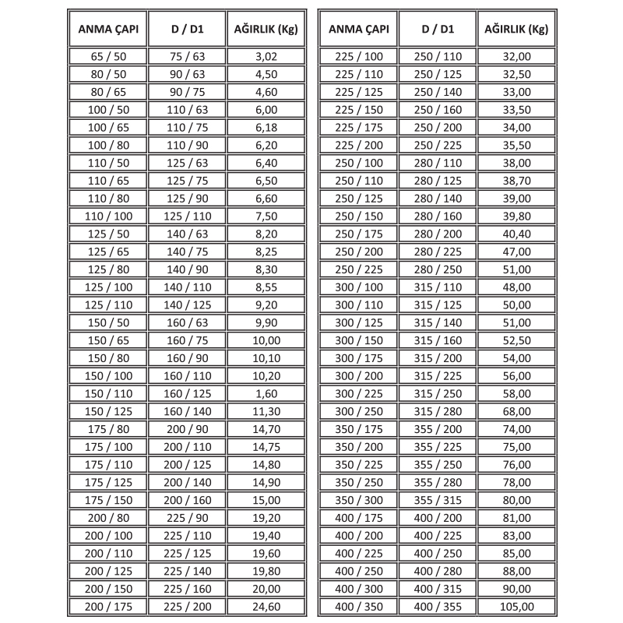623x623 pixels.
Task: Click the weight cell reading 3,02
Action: pos(266,57)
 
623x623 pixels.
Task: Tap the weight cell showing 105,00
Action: pos(517,607)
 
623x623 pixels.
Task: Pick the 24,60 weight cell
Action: pos(266,607)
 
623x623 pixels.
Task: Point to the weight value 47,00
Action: pos(517,251)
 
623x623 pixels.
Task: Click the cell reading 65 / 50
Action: pos(107,57)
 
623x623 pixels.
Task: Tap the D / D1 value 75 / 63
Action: pos(187,57)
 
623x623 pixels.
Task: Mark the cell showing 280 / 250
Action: pos(437,269)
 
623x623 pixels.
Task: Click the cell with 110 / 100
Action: pos(107,215)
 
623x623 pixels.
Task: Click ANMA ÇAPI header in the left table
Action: pos(107,30)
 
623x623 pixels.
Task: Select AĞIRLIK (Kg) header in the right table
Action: pos(517,30)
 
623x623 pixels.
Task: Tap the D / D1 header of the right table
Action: pos(437,30)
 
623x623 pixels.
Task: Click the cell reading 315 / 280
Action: pos(437,411)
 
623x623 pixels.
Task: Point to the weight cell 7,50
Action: pos(266,215)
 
